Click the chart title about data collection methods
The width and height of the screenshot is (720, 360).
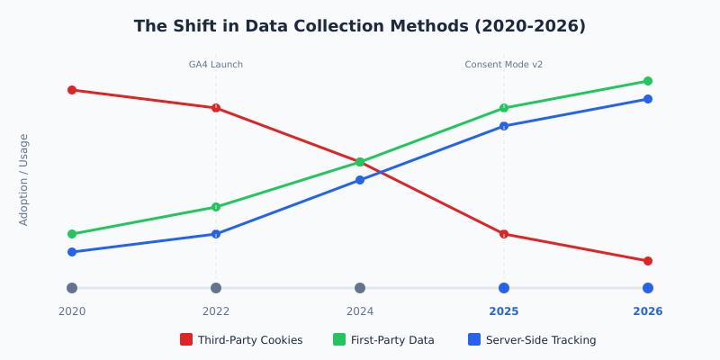(x=360, y=26)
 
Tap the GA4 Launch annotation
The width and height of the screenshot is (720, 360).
(x=216, y=65)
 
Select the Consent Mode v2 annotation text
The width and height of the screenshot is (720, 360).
(x=504, y=65)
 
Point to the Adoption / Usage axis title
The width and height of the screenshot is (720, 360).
(x=24, y=179)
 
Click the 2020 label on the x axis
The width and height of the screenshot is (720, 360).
(x=72, y=311)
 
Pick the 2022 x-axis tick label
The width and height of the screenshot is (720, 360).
(x=216, y=311)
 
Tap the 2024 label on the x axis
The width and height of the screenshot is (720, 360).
(x=360, y=311)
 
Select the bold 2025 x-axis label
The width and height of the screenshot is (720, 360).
(x=504, y=311)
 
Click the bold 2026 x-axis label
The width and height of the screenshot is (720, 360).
(x=648, y=311)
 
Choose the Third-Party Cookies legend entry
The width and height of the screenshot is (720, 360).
(x=241, y=340)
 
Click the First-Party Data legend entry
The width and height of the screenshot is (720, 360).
(x=384, y=340)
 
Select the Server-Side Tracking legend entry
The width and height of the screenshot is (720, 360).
(x=532, y=340)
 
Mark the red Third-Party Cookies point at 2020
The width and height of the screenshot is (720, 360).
(x=72, y=90)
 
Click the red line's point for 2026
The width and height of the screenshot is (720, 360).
(x=648, y=261)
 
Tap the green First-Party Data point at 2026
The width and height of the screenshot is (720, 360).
(x=648, y=81)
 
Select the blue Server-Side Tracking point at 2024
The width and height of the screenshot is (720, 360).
(x=360, y=180)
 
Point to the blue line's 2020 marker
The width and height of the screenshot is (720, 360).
(x=72, y=252)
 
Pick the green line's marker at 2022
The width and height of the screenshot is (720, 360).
(x=216, y=207)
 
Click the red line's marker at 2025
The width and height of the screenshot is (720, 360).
(x=504, y=234)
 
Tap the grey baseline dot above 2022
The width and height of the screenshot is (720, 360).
(x=216, y=288)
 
